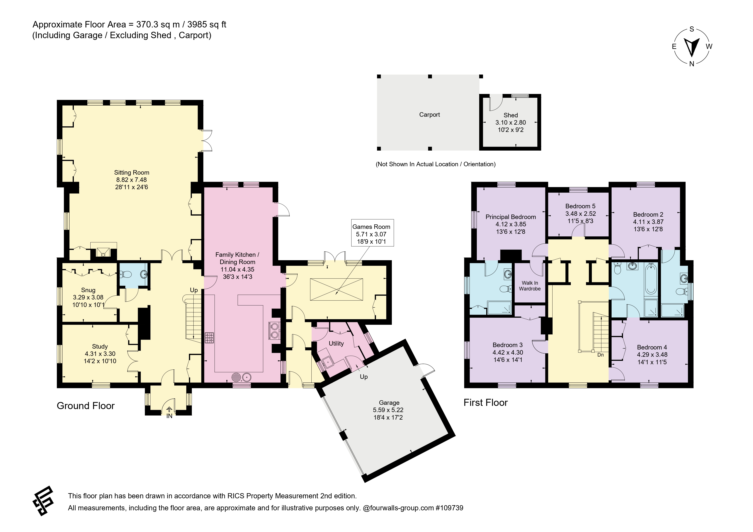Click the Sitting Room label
click(132, 172)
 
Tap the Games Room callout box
click(372, 233)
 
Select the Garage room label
click(389, 402)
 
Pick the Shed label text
click(511, 115)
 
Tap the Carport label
click(429, 114)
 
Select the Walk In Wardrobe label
click(530, 286)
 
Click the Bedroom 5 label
click(580, 206)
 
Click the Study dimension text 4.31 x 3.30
click(100, 354)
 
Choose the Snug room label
click(88, 290)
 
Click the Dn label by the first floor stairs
click(600, 355)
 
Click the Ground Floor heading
click(86, 406)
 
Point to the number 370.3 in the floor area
click(147, 25)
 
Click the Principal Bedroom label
click(511, 217)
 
